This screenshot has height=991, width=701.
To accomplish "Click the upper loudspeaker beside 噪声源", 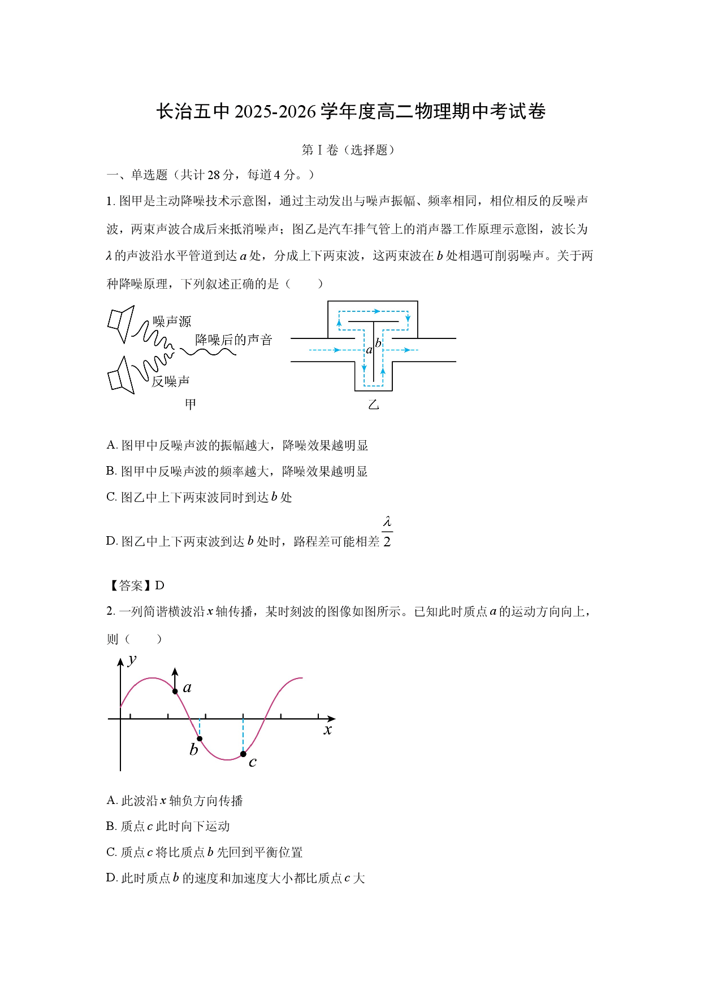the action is [121, 324].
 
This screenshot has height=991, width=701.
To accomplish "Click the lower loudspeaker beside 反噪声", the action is [121, 375].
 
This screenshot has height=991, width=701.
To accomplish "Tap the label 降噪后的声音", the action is [233, 340].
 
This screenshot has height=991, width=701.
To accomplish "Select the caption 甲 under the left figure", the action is [191, 404].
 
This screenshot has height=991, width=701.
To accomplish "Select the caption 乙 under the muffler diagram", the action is [373, 405].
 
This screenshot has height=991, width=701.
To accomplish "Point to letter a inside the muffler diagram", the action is [369, 350].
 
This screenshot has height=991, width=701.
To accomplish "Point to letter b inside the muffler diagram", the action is [378, 343].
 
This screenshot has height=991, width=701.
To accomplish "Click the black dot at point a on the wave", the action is [175, 692].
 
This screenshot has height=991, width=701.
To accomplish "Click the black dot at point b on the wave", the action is [200, 738].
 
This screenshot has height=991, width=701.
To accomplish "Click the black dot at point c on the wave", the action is [243, 754].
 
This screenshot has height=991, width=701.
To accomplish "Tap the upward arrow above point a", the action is [175, 679].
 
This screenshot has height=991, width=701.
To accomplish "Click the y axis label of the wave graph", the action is [132, 660].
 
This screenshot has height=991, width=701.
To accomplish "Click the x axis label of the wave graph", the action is [328, 729].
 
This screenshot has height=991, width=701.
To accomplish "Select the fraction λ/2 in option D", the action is [387, 532].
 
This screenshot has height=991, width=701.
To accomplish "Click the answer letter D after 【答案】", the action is [159, 585].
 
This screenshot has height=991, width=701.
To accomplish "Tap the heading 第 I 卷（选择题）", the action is [348, 150].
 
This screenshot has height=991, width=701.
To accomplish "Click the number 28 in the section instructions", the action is [213, 175].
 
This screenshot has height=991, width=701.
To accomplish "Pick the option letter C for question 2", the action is [110, 852].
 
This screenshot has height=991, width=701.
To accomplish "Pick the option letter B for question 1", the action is [110, 471].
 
